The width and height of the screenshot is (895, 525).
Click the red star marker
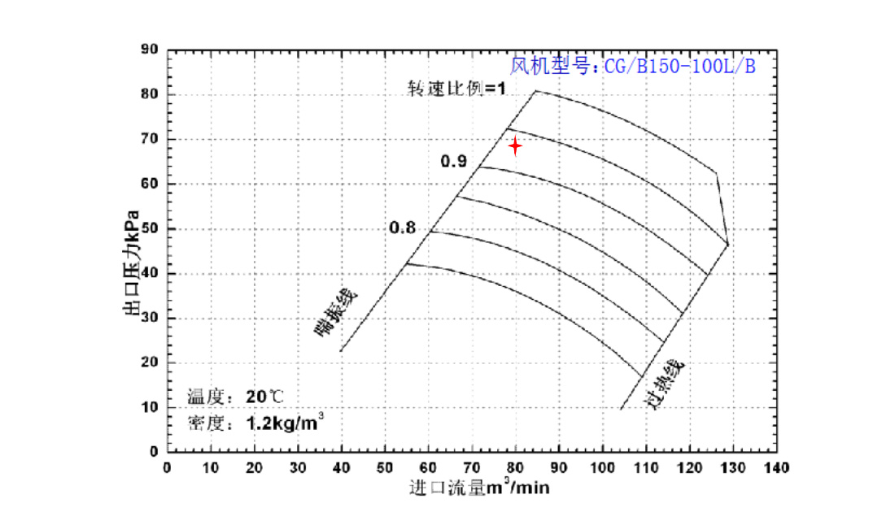click(x=515, y=145)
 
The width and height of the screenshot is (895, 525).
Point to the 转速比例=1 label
click(x=456, y=87)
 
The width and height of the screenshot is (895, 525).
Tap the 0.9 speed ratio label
click(x=453, y=161)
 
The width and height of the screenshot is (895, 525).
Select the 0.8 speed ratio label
click(x=402, y=228)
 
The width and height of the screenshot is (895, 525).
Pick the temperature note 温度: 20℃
click(x=237, y=397)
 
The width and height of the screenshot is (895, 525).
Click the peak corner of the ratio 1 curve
click(x=535, y=90)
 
